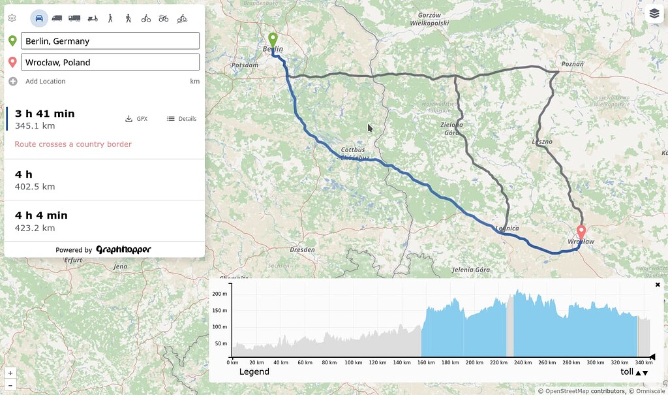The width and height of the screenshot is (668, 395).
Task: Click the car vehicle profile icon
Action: [x=39, y=18]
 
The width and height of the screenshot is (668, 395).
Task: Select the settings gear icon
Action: [x=12, y=18]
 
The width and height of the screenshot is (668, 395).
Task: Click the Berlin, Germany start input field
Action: [x=110, y=41]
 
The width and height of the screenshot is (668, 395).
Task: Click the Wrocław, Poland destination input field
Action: [x=110, y=63]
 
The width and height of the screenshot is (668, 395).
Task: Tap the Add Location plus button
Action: [x=13, y=82]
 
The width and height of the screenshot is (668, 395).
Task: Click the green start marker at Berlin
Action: [x=273, y=40]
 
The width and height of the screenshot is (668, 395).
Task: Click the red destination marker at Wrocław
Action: [x=581, y=232]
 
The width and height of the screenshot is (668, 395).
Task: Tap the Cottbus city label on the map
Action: [x=353, y=150]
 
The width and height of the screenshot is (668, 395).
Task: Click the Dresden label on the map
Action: [x=303, y=249]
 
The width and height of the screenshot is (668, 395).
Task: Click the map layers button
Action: [x=654, y=13]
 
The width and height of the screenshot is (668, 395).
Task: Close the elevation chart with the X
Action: [x=658, y=285]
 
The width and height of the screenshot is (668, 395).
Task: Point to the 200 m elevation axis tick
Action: [x=220, y=294]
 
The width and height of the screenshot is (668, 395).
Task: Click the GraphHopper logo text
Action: [x=123, y=249]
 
